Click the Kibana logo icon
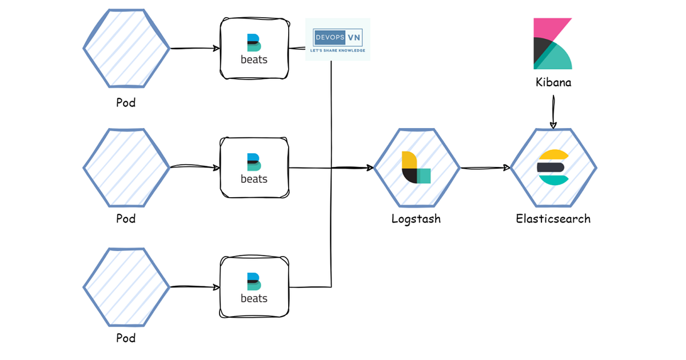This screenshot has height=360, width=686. click(x=552, y=44)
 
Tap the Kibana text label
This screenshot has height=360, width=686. click(x=553, y=82)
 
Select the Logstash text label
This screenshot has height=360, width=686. click(x=416, y=218)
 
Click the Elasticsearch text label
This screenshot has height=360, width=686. click(x=553, y=218)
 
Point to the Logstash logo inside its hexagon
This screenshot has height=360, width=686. click(x=416, y=168)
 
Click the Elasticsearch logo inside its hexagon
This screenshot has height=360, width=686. click(x=553, y=167)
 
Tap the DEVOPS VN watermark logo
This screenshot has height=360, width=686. click(x=338, y=39)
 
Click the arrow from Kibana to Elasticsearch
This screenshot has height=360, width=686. click(x=553, y=111)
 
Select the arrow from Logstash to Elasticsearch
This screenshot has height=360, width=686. click(x=485, y=168)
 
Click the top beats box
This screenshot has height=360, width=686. click(x=254, y=49)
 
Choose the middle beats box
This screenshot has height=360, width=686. click(x=254, y=168)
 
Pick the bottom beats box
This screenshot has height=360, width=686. click(x=254, y=287)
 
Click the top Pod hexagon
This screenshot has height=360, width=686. click(x=126, y=49)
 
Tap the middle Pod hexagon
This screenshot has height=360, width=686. click(x=126, y=168)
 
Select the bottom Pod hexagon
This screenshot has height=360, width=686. click(x=126, y=287)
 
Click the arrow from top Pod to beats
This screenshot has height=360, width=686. click(x=195, y=49)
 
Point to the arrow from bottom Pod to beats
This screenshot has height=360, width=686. click(x=195, y=287)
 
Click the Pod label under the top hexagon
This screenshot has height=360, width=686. click(x=126, y=103)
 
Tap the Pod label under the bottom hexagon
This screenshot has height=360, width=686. click(x=126, y=338)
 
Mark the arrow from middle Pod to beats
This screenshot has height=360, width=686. click(x=195, y=167)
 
